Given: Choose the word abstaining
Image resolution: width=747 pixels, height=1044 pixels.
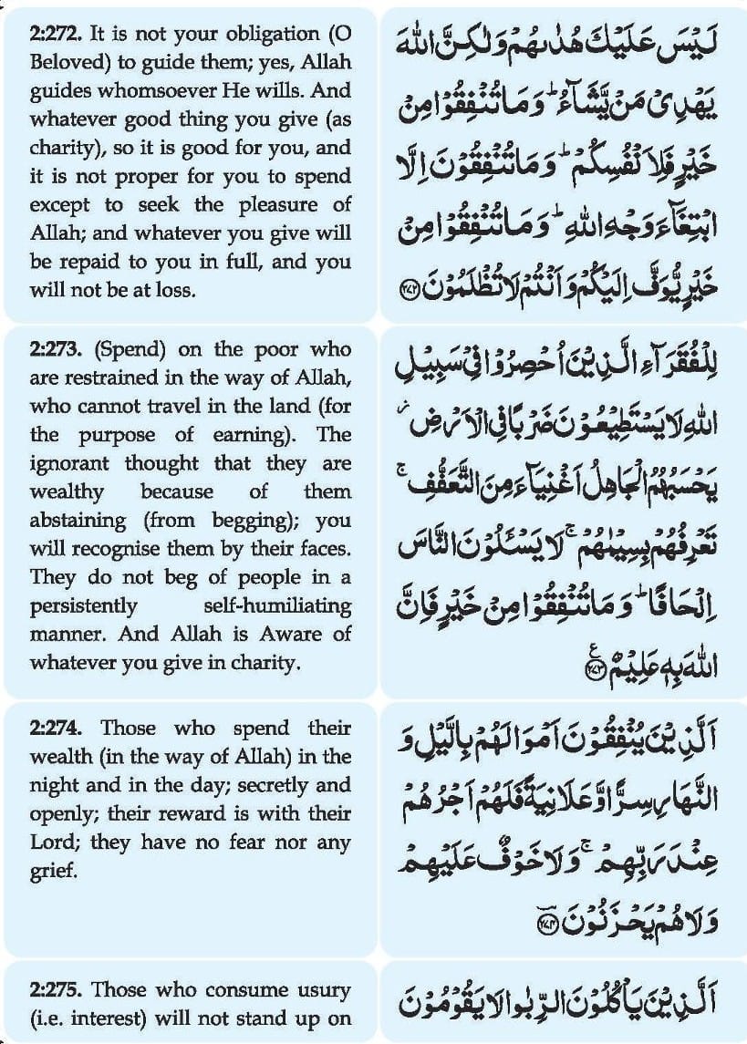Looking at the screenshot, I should point(78,521).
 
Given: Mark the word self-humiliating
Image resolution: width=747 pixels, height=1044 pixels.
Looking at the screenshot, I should point(280,605).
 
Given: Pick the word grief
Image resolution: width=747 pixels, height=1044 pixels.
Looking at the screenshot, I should point(50,870).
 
